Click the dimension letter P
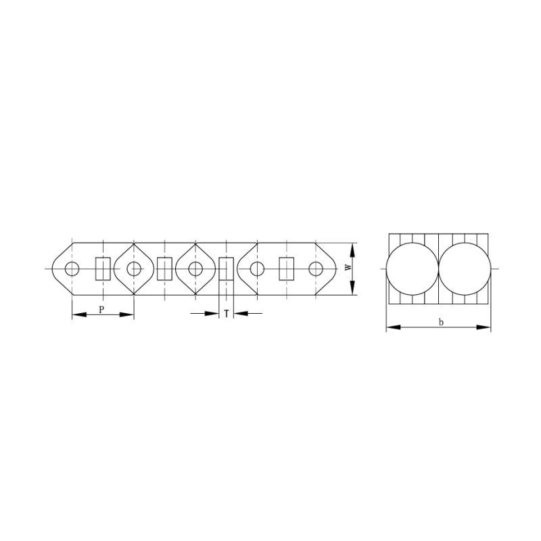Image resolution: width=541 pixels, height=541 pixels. click(101, 308)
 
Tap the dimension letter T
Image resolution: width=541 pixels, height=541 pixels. click(226, 314)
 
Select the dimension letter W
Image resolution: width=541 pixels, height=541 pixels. click(348, 268)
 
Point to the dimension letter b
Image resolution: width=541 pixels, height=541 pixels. click(440, 322)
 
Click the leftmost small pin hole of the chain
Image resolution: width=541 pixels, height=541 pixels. click(72, 269)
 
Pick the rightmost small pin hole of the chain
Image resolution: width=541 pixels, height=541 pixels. click(316, 269)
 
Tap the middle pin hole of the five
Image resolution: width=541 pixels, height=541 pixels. click(195, 269)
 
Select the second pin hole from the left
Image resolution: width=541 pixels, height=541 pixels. click(134, 269)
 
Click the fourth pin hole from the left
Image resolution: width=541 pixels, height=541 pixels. click(256, 269)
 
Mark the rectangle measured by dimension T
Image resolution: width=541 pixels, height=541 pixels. click(226, 269)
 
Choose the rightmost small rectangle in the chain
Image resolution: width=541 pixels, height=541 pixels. click(286, 269)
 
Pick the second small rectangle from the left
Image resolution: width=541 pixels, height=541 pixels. click(164, 269)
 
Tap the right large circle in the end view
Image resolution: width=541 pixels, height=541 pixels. click(465, 269)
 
